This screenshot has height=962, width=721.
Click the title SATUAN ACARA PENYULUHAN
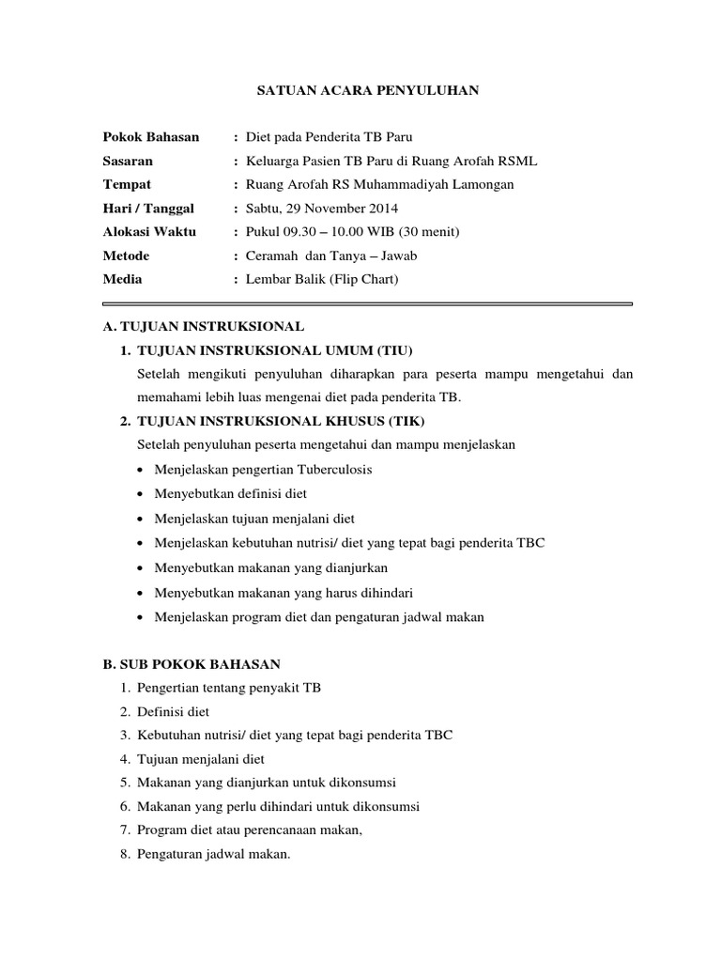coord(369,90)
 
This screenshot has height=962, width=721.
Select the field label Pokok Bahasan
coord(150,137)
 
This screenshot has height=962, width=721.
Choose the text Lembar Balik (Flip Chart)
coord(322,279)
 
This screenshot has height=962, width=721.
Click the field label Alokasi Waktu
coord(149,232)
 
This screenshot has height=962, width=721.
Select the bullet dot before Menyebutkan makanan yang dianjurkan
coord(140,568)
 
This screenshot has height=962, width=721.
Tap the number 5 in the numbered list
coord(124,783)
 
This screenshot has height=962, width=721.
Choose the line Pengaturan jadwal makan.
coord(213,854)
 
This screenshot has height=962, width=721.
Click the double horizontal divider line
coord(367,303)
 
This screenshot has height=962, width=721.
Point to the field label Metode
coord(126,256)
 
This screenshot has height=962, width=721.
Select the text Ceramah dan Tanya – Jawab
coord(330,256)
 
